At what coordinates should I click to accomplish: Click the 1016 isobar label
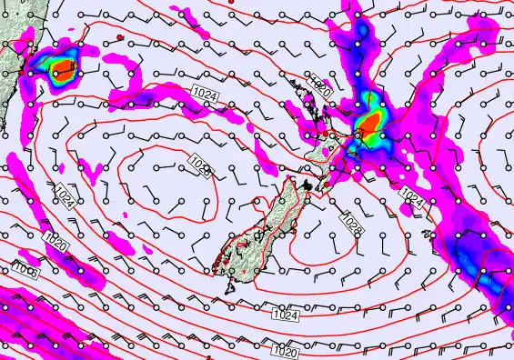pos(25,268)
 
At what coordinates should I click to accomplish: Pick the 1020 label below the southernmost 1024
pos(285,348)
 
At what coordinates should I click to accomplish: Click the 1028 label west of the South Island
pos(201,165)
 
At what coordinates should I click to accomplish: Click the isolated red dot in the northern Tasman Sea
pos(119,36)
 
